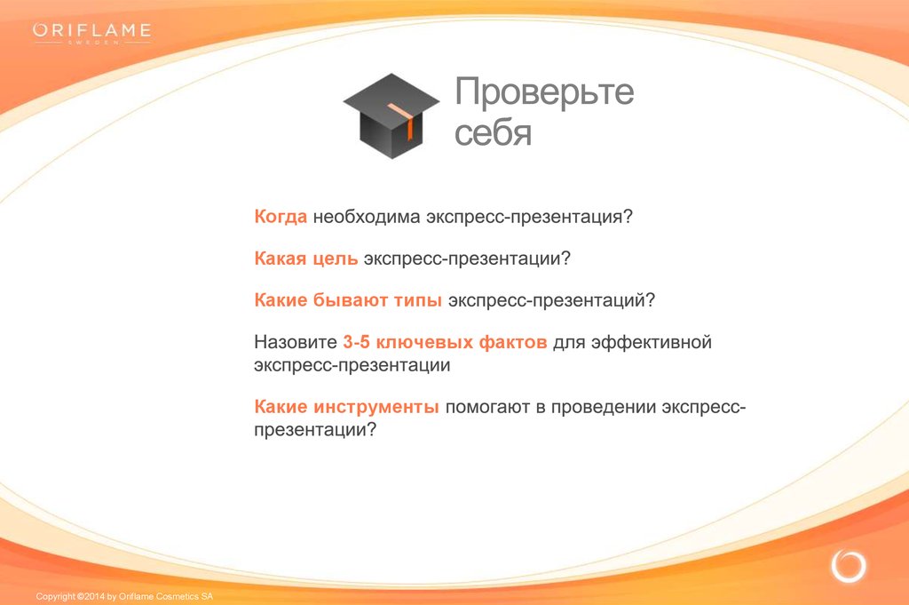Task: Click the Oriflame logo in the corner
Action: tap(92, 33)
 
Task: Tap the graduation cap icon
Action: tap(391, 115)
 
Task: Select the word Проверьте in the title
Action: tap(544, 92)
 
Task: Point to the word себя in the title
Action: tap(493, 132)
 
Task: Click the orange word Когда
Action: tap(281, 217)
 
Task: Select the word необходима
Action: tap(367, 217)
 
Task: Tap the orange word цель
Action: tap(335, 259)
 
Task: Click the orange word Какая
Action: tap(280, 259)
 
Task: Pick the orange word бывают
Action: tap(350, 300)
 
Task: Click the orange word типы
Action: tap(417, 300)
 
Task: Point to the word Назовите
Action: tap(296, 342)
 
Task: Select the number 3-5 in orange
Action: tap(356, 342)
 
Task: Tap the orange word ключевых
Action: tap(424, 342)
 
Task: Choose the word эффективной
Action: tap(651, 342)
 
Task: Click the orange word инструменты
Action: tap(375, 407)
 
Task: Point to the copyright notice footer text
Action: tap(124, 596)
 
